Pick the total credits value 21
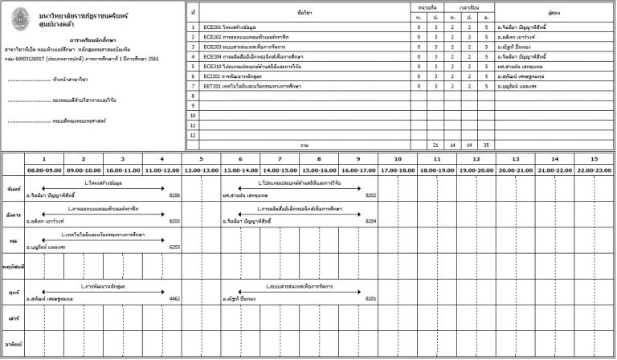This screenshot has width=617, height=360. pyautogui.click(x=435, y=145)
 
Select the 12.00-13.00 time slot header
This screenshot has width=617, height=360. pyautogui.click(x=201, y=170)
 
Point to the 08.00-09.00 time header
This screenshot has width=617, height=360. pyautogui.click(x=45, y=170)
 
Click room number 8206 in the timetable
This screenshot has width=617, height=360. pyautogui.click(x=174, y=194)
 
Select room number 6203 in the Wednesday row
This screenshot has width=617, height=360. pyautogui.click(x=174, y=247)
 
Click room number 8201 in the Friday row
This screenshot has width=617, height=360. pyautogui.click(x=370, y=298)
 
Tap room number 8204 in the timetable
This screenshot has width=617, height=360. pyautogui.click(x=370, y=220)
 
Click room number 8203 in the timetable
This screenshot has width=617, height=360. pyautogui.click(x=174, y=220)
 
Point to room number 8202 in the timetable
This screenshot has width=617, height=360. pyautogui.click(x=370, y=194)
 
